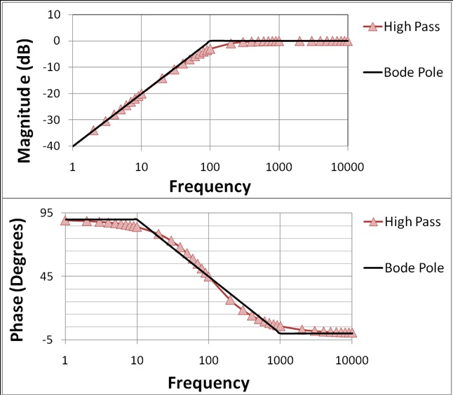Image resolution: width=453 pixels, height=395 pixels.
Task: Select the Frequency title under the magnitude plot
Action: tap(210, 186)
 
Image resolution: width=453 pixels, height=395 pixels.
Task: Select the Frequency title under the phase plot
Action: tap(208, 383)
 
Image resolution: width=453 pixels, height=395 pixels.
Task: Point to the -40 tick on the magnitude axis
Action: tap(53, 146)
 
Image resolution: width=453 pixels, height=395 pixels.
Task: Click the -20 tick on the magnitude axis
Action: tap(53, 94)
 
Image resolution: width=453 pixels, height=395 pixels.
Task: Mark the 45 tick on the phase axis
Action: tap(48, 276)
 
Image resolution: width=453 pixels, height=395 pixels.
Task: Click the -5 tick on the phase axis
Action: tap(50, 340)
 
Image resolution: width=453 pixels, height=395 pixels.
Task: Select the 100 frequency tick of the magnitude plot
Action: tap(210, 166)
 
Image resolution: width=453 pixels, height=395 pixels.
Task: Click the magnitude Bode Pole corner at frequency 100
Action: tap(210, 41)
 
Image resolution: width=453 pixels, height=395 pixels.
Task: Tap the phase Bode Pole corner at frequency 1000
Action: tap(280, 333)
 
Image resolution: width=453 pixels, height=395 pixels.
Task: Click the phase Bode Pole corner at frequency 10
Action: tap(137, 219)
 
